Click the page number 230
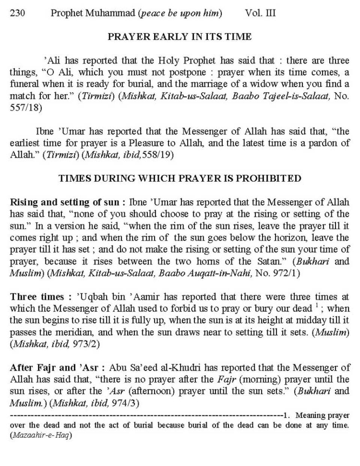click(x=17, y=14)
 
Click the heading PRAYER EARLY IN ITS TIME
click(x=180, y=37)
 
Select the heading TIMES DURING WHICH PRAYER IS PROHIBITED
click(x=180, y=179)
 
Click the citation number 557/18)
click(x=26, y=108)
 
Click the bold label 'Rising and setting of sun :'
click(x=67, y=202)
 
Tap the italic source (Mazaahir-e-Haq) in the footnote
click(x=41, y=436)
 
